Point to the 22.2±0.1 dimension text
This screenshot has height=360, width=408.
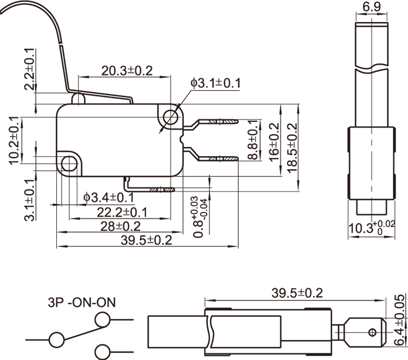tap(122, 212)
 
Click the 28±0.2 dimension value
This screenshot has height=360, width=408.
tap(119, 226)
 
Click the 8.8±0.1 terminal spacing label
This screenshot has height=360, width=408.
tap(253, 141)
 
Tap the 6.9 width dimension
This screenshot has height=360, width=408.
tap(372, 7)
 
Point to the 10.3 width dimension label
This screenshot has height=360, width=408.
tap(371, 228)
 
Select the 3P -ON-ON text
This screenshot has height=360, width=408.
tap(81, 302)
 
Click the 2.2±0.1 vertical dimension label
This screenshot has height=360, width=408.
tap(30, 70)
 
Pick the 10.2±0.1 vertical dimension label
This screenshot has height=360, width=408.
tap(14, 139)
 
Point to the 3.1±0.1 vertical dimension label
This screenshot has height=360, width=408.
tap(30, 201)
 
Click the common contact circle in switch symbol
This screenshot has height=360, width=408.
tap(56, 340)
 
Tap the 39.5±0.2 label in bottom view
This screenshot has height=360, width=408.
tap(297, 293)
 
